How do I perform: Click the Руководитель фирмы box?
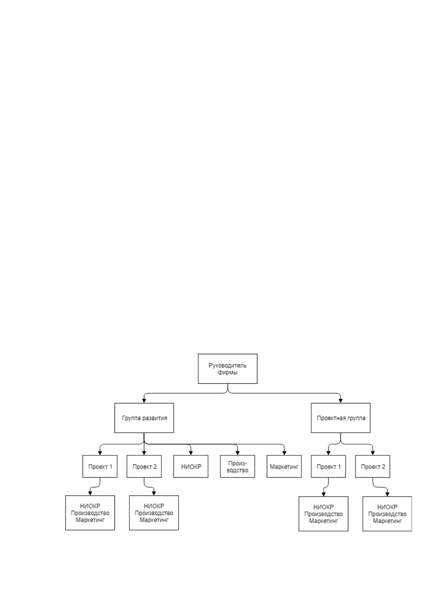(228, 369)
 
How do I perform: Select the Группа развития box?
(144, 418)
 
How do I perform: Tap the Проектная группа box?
(341, 418)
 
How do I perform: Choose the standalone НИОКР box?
(191, 467)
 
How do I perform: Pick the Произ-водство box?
(237, 467)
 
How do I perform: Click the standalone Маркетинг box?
(284, 467)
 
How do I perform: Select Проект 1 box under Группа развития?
(100, 467)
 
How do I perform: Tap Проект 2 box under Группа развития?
(144, 467)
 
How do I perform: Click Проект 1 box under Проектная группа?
(328, 467)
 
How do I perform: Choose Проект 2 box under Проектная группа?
(373, 467)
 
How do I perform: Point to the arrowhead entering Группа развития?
(144, 401)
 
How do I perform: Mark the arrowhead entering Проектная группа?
(341, 401)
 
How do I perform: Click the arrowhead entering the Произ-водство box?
(237, 453)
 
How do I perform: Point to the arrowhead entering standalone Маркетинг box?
(284, 453)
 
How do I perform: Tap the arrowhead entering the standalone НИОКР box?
(191, 453)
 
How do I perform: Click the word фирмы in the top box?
(228, 372)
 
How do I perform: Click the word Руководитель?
(228, 365)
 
